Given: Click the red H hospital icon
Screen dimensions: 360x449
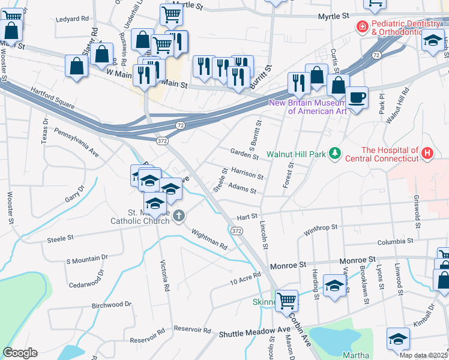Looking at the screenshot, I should (427, 154).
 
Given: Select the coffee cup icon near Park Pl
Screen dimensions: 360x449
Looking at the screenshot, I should (357, 97).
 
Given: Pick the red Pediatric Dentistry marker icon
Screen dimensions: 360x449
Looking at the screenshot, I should (362, 26).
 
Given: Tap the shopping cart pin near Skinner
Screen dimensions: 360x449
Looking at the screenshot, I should (287, 299).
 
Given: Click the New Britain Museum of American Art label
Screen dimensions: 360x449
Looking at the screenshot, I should (309, 106).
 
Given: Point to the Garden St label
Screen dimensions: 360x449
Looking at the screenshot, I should (244, 154).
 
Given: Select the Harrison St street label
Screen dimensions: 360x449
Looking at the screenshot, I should (247, 174).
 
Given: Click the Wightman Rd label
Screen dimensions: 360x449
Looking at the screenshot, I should (209, 238).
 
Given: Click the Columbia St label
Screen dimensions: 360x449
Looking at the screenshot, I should (396, 242).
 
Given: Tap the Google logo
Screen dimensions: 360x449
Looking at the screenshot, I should (20, 353).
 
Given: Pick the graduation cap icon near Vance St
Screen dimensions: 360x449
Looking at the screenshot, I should (334, 286).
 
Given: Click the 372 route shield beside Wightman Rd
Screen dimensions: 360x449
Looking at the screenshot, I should (237, 230).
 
